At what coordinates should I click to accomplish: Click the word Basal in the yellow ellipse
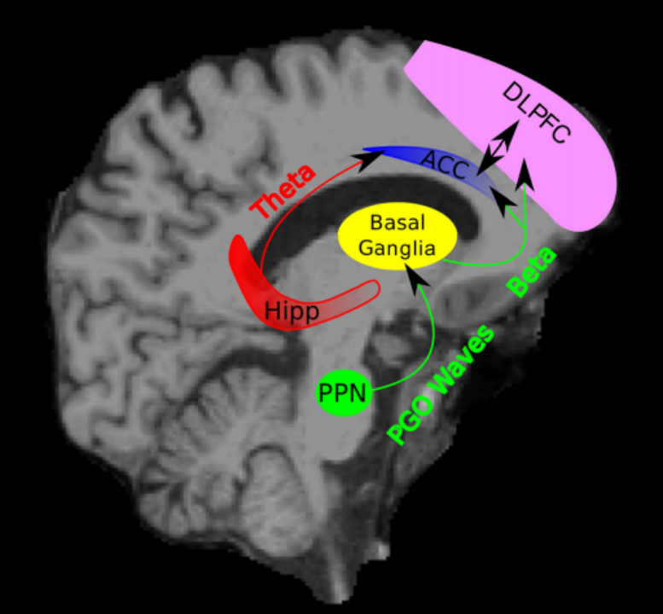tap(397, 223)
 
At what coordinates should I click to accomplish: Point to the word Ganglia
tap(397, 248)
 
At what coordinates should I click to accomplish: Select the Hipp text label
tap(291, 310)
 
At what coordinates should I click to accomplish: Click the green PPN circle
tap(343, 393)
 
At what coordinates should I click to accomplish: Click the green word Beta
tap(532, 270)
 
